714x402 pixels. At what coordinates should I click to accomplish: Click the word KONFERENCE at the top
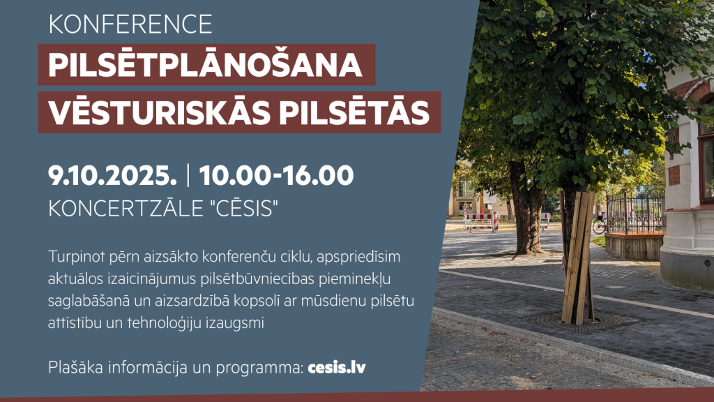(x=130, y=24)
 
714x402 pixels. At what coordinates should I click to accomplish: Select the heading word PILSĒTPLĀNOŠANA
(x=206, y=65)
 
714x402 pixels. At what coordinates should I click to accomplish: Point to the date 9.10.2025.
(x=112, y=176)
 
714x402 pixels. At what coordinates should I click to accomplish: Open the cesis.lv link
(x=336, y=367)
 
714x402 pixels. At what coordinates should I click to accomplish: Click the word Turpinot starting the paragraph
(x=73, y=257)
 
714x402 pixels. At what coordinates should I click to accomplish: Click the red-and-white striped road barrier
(x=481, y=221)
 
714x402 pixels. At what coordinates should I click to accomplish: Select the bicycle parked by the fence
(x=600, y=225)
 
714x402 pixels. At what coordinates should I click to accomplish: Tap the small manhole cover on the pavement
(x=616, y=287)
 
